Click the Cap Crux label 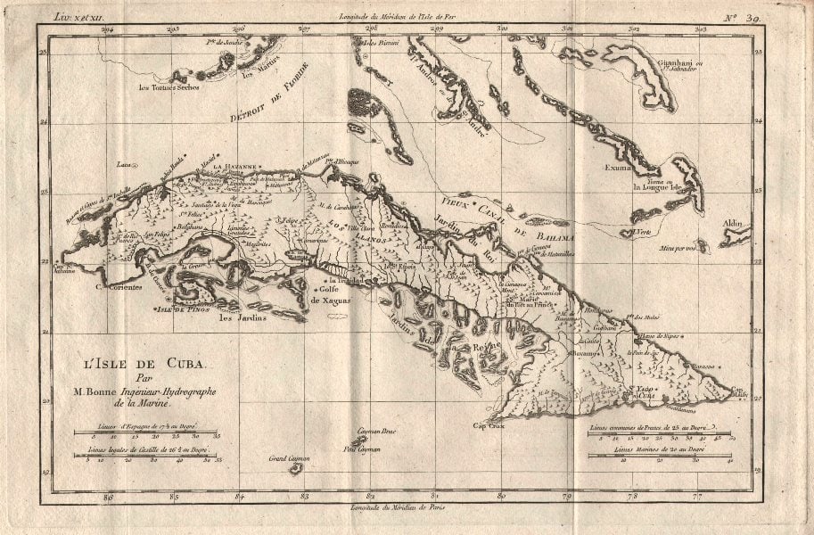(x=489, y=425)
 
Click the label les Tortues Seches (x=169, y=87)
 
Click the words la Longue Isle (x=657, y=187)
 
